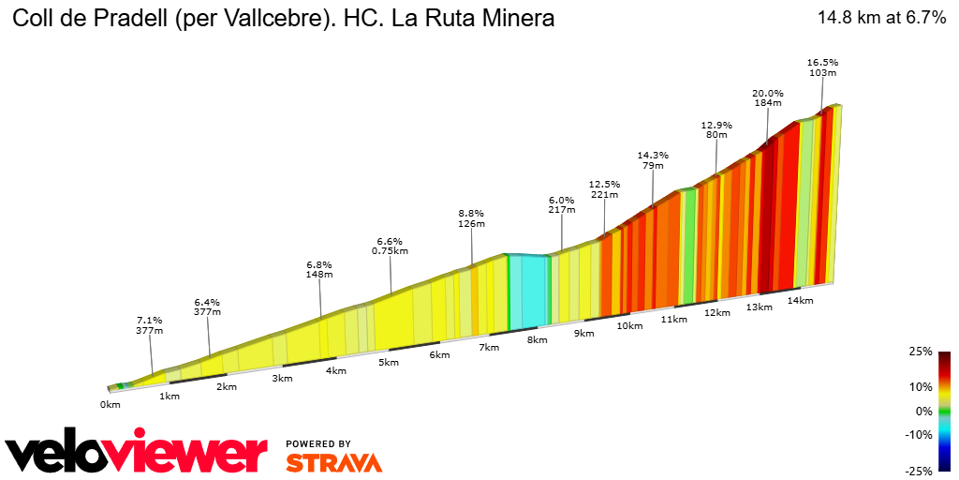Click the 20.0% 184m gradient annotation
(x=767, y=98)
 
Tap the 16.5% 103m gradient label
(x=821, y=67)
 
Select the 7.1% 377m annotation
(x=150, y=324)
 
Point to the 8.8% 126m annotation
(x=471, y=218)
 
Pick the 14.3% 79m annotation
(x=653, y=160)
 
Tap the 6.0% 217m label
(x=561, y=205)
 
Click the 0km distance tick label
(x=111, y=405)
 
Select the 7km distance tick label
(x=488, y=347)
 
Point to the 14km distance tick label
(x=800, y=300)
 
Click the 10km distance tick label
(x=629, y=325)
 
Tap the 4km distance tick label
(x=336, y=370)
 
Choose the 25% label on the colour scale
(x=921, y=352)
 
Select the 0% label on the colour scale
(x=923, y=411)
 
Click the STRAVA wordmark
(x=333, y=462)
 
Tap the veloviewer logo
(x=136, y=454)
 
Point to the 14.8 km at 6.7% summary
(x=881, y=18)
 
